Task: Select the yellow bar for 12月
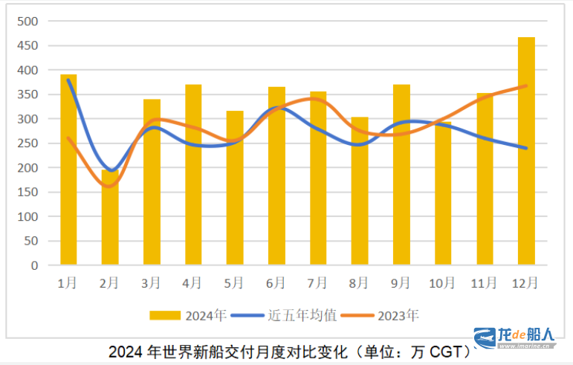click(x=526, y=151)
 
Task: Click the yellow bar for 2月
click(x=110, y=217)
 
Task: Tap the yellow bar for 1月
click(x=68, y=169)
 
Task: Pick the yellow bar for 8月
click(x=360, y=191)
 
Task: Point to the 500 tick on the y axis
click(x=27, y=22)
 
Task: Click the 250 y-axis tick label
click(x=27, y=143)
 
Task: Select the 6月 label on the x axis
click(x=276, y=282)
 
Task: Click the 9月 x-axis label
click(x=401, y=282)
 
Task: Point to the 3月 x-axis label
click(x=151, y=282)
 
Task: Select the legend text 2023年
click(x=398, y=315)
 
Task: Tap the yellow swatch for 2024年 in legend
click(x=166, y=315)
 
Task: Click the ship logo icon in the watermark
click(x=485, y=339)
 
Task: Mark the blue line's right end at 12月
click(x=526, y=148)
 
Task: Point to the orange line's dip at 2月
click(x=110, y=187)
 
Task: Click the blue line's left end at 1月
click(x=68, y=80)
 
